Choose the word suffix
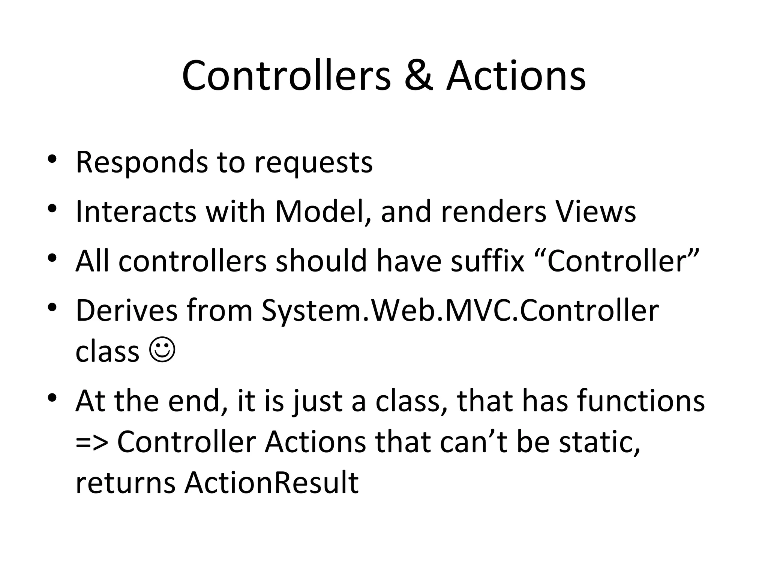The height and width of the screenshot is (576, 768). point(487,261)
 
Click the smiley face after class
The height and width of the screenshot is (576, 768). point(162,350)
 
